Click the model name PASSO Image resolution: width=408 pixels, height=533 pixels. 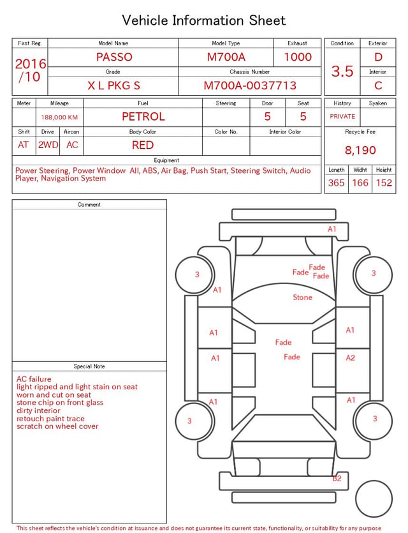click(114, 57)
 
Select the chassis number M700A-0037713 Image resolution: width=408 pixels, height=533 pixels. click(250, 86)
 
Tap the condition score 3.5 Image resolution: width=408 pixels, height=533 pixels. click(342, 71)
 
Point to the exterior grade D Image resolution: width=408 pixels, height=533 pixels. click(378, 57)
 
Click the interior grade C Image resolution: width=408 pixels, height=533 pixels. click(378, 86)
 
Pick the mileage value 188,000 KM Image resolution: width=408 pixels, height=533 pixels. click(59, 117)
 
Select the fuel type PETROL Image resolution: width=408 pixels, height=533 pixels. click(143, 117)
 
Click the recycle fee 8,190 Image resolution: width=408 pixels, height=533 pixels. click(360, 150)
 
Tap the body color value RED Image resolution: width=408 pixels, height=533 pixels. click(143, 145)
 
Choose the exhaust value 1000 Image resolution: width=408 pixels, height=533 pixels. click(298, 57)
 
